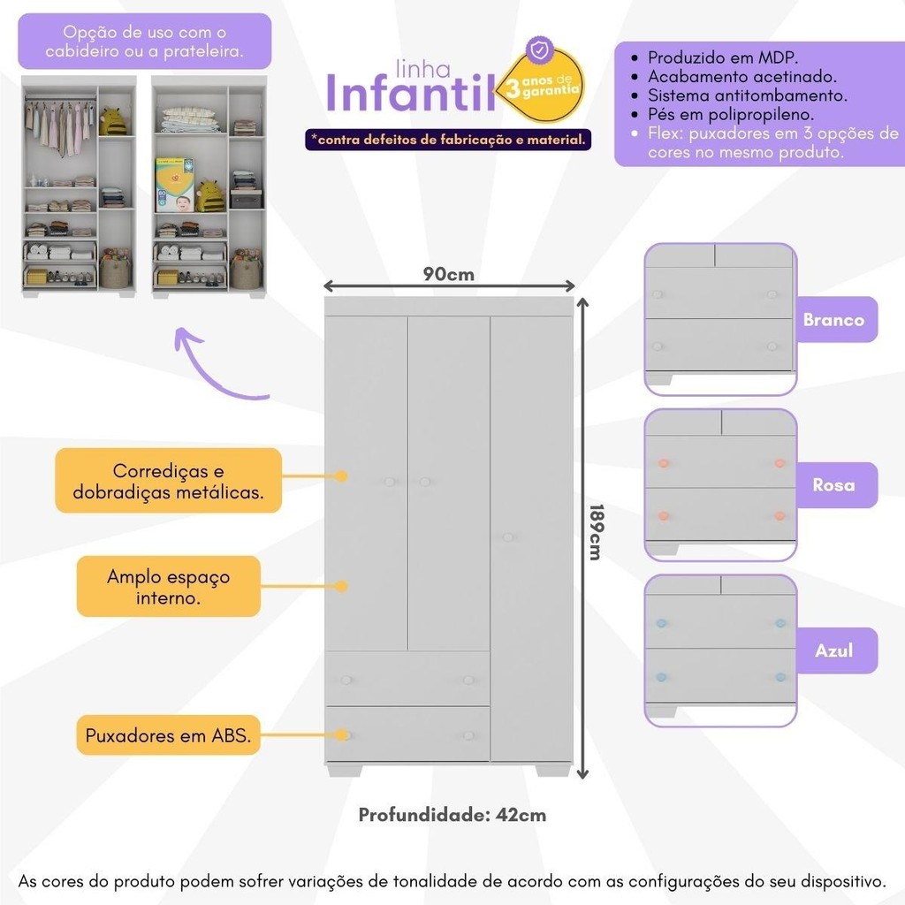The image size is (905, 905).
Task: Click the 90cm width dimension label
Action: [448, 274]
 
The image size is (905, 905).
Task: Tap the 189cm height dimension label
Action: [596, 531]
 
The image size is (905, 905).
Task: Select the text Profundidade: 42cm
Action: [452, 814]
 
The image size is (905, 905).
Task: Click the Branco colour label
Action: [834, 319]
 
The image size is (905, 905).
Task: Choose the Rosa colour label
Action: [834, 485]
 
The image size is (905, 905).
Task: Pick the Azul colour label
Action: [834, 650]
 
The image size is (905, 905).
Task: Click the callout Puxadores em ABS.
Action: [169, 735]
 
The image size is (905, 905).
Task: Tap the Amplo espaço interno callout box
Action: [169, 587]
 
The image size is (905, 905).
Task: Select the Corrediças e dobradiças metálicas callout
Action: [169, 480]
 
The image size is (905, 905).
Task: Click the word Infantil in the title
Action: [411, 92]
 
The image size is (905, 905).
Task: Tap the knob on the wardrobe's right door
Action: [508, 537]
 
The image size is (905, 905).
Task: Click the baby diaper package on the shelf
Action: [174, 185]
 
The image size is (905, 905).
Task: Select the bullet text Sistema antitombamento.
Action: [748, 95]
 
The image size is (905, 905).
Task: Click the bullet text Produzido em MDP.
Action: [723, 57]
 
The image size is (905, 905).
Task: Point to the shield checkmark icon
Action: [540, 50]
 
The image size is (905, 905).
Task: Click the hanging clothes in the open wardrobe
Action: [60, 125]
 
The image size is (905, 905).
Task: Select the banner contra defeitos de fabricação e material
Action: [448, 140]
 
